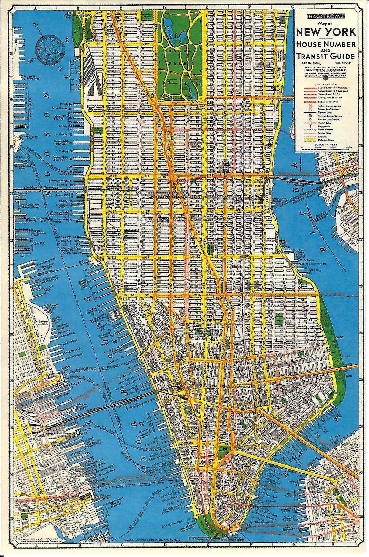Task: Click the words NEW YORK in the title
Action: (326, 32)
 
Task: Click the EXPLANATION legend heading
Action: (326, 83)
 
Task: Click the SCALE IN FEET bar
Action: (326, 147)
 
